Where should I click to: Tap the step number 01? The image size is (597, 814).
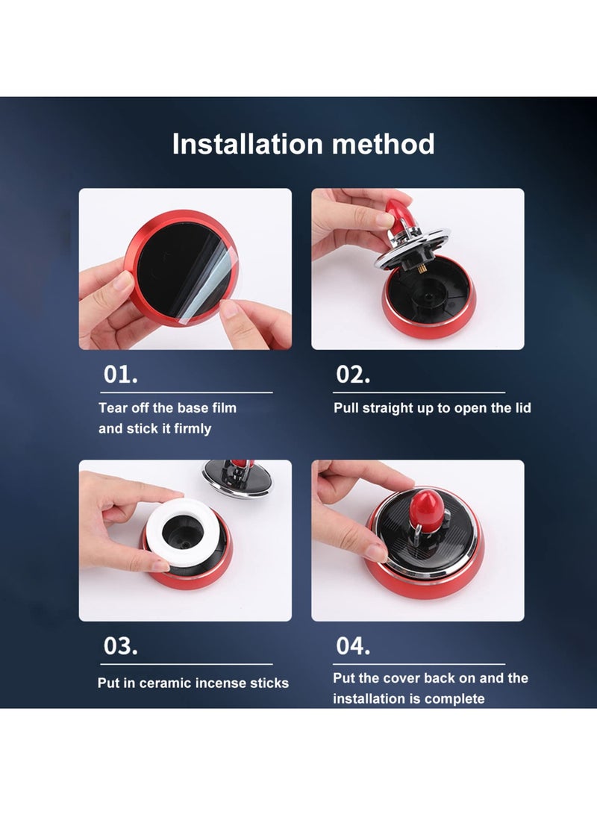(x=120, y=375)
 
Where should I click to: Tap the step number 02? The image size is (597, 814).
(x=353, y=375)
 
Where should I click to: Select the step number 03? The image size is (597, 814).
(x=120, y=646)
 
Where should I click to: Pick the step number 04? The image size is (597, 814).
(x=353, y=646)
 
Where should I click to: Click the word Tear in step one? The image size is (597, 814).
(x=113, y=408)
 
